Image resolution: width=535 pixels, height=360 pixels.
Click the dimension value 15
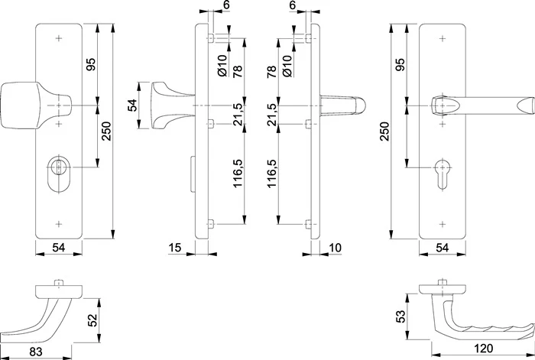point(175,248)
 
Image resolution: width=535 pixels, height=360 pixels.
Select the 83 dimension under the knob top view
point(36,352)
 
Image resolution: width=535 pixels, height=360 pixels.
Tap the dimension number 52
point(92,320)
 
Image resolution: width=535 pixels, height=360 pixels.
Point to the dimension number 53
point(400,316)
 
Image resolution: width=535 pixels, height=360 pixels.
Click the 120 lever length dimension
point(484,349)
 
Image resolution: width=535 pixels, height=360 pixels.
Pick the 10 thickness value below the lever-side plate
point(335,248)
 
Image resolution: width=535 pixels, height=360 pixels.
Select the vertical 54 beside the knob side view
point(131,105)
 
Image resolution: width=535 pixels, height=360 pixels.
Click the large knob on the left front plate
point(36,105)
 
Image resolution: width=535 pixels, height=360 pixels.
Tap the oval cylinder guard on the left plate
point(59,174)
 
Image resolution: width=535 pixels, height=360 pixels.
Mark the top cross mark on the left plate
point(59,38)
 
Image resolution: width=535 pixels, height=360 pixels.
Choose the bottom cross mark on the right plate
point(443,224)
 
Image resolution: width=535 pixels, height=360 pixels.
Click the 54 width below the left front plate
point(59,248)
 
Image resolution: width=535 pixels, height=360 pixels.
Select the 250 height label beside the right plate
point(384,131)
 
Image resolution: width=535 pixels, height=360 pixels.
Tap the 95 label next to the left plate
point(91,64)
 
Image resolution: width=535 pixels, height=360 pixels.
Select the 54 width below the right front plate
point(443,248)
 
